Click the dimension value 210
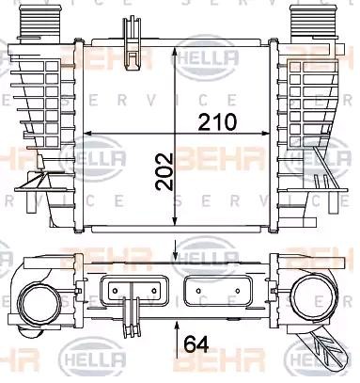[x=216, y=122]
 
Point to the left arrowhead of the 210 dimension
[x=87, y=133]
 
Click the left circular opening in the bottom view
[x=39, y=302]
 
